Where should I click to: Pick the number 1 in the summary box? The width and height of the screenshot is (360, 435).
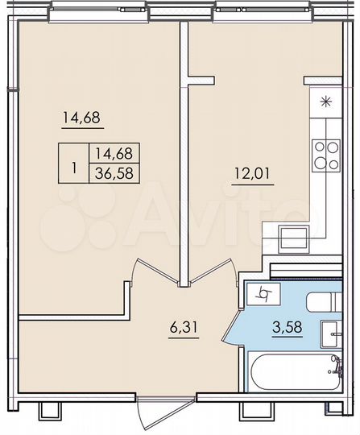[75, 169]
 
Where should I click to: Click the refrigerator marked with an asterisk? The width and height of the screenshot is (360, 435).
[325, 101]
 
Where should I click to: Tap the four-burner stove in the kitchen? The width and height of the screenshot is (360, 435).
[325, 155]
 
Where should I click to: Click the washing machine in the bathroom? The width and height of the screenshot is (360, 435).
[263, 295]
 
